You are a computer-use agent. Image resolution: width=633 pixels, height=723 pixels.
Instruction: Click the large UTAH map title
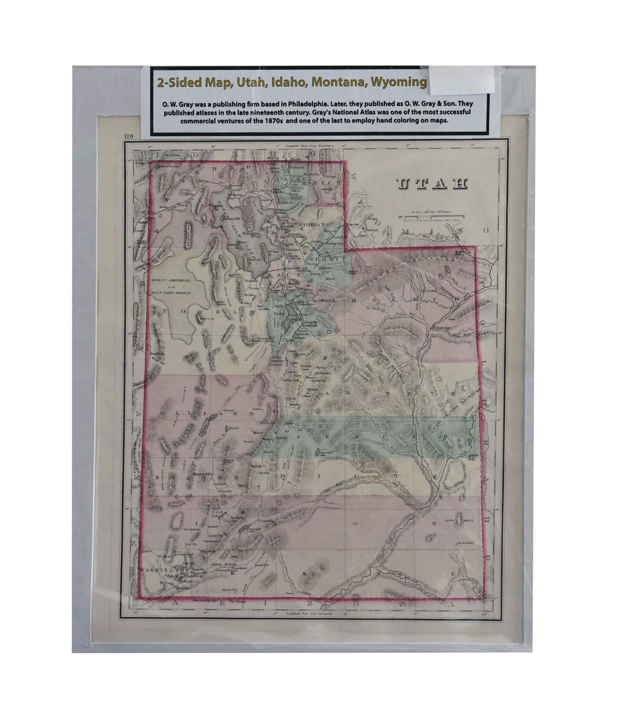click(x=432, y=184)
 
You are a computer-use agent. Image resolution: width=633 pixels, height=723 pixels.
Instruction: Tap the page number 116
click(x=128, y=136)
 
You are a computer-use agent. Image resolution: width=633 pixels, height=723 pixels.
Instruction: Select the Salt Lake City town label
click(x=297, y=268)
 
